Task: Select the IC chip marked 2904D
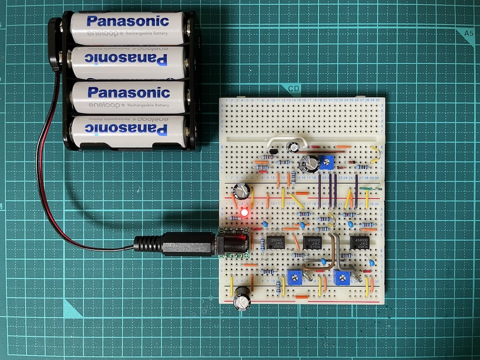[x=275, y=242]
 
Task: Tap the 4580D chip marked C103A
[x=313, y=242]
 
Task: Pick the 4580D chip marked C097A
[x=360, y=242]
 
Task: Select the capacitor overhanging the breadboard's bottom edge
[x=242, y=299]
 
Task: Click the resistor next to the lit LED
[x=233, y=218]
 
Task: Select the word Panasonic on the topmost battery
[x=127, y=21]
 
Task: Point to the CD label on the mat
[x=294, y=89]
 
